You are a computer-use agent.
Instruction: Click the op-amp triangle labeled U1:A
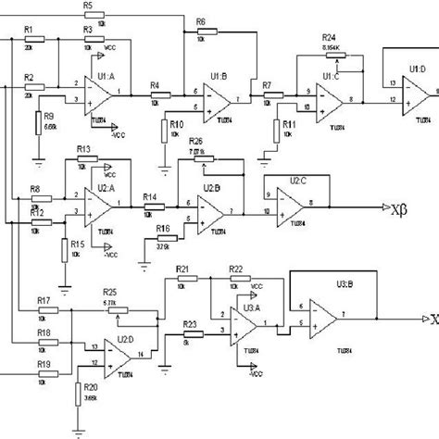pos(95,92)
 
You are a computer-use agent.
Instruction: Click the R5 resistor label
pos(86,6)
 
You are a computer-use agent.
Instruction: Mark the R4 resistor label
pos(155,83)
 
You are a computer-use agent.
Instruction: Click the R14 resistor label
pos(150,196)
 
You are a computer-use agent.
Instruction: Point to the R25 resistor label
pos(109,291)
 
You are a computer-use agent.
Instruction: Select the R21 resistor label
pos(182,270)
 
